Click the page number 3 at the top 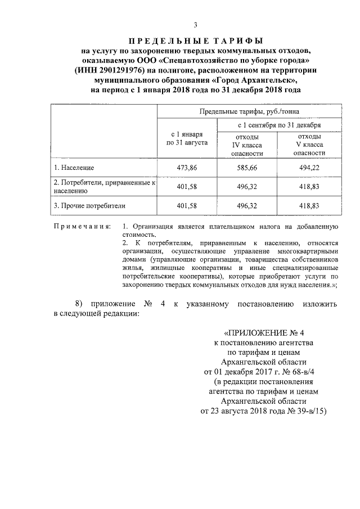(x=195, y=25)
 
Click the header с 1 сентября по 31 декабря (x=279, y=125)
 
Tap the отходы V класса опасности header (x=309, y=145)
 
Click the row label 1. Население (x=74, y=168)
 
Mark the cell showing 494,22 (x=309, y=168)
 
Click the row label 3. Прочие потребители (x=89, y=206)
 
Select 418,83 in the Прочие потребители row (x=309, y=206)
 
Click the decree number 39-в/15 (x=304, y=411)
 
